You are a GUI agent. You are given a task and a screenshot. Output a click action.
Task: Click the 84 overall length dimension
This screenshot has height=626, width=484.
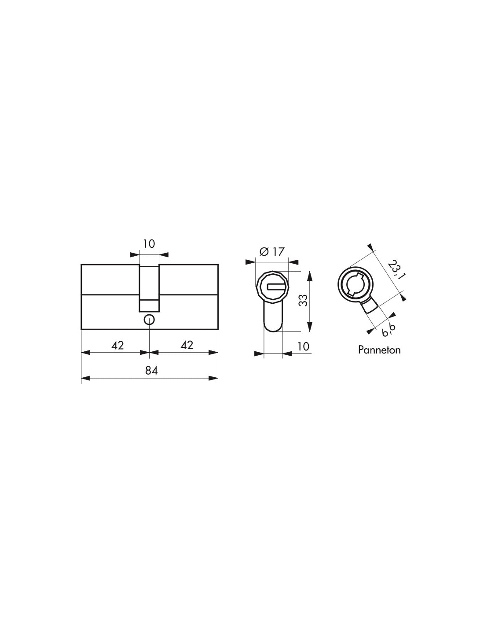(151, 371)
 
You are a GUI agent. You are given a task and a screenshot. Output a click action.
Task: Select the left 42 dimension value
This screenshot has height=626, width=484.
(117, 345)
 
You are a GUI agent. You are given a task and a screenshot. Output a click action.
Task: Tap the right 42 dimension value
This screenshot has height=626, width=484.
(187, 345)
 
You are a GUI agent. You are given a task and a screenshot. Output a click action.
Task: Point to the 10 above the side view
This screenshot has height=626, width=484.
(149, 244)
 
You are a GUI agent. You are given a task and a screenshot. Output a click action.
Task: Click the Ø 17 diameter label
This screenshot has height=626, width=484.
(272, 252)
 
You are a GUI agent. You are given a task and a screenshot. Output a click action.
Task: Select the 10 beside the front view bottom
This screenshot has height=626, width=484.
(303, 346)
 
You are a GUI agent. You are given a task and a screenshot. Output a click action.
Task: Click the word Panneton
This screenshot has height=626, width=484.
(379, 350)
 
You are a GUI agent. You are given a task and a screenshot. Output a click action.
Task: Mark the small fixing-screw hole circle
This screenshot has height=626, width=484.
(149, 320)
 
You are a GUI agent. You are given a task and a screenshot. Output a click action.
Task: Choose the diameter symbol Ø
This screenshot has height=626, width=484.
(264, 252)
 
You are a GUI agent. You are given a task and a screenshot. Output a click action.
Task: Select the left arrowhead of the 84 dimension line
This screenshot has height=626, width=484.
(85, 378)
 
